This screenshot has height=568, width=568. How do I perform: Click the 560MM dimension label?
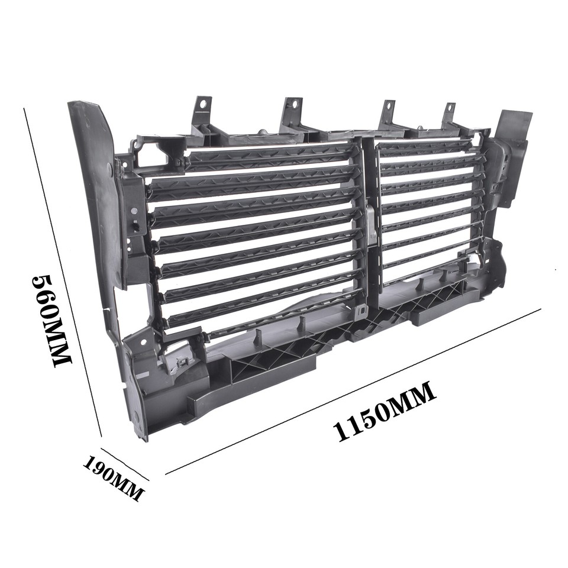[52, 319]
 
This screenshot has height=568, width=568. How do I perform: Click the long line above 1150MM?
[355, 390]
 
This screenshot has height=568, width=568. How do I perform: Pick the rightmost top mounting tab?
[449, 114]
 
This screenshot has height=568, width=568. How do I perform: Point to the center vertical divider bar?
[368, 225]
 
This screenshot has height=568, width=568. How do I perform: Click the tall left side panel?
[98, 189]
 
